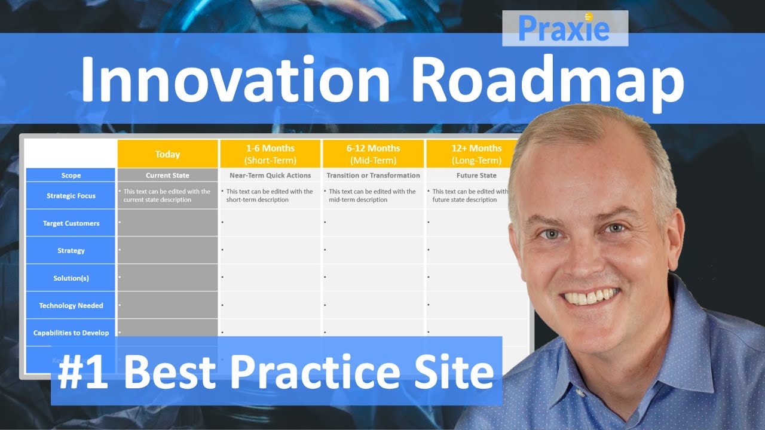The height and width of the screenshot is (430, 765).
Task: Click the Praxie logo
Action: pos(564,28)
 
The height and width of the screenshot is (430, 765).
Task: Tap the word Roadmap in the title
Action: pos(547,80)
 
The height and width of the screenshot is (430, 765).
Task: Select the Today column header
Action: pos(167,154)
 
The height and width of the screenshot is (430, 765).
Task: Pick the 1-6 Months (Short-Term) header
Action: pos(270,154)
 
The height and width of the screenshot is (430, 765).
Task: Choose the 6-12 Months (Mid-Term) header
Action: pos(373,154)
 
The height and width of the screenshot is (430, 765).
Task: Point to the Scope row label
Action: pos(71,176)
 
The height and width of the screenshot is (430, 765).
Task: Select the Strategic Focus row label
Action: pos(71,196)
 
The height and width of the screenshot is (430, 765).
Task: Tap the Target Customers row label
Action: pos(71,223)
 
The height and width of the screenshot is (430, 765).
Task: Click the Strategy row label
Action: pos(71,251)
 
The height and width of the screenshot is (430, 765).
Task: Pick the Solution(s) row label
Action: pos(71,278)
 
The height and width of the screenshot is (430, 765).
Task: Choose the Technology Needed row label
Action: pos(71,306)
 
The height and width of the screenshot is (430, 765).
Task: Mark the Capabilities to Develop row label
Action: pos(71,333)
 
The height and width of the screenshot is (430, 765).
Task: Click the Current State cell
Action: pos(167,176)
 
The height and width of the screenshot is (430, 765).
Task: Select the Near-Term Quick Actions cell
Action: pos(270,176)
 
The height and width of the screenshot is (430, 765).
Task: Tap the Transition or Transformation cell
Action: pos(373,176)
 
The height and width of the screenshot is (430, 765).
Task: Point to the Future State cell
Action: pos(476,176)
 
